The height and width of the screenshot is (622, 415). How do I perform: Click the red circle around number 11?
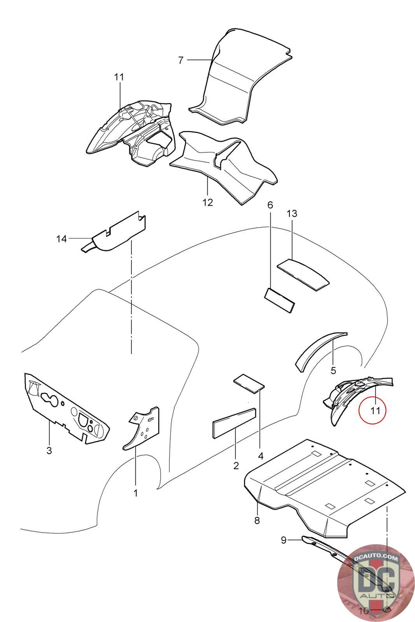pyautogui.click(x=372, y=410)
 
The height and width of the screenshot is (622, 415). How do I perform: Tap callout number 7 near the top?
pyautogui.click(x=180, y=60)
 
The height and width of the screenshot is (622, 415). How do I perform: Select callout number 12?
pyautogui.click(x=208, y=203)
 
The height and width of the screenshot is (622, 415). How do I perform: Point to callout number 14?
pyautogui.click(x=61, y=239)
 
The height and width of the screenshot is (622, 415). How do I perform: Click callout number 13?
pyautogui.click(x=292, y=213)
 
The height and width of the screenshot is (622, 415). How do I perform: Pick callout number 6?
pyautogui.click(x=270, y=205)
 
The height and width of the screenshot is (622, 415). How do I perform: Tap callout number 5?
pyautogui.click(x=333, y=370)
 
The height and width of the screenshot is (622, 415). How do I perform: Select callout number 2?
pyautogui.click(x=236, y=465)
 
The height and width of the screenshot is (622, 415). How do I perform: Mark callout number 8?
pyautogui.click(x=257, y=521)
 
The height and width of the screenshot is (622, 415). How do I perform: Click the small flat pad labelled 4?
pyautogui.click(x=249, y=383)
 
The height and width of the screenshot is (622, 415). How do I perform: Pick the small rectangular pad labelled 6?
pyautogui.click(x=279, y=300)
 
